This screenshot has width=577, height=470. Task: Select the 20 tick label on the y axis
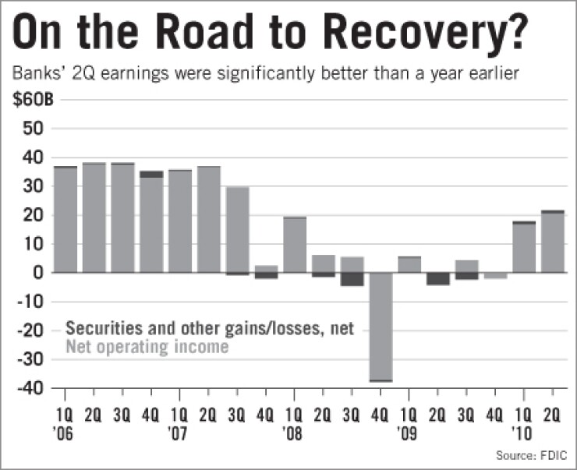click(x=36, y=215)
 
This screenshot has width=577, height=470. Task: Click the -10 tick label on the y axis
click(x=33, y=301)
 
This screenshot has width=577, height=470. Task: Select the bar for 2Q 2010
click(x=553, y=242)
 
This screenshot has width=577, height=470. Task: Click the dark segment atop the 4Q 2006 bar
click(x=151, y=175)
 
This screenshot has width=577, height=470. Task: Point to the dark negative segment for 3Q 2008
click(x=352, y=279)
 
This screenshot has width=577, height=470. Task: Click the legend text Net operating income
click(x=147, y=347)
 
